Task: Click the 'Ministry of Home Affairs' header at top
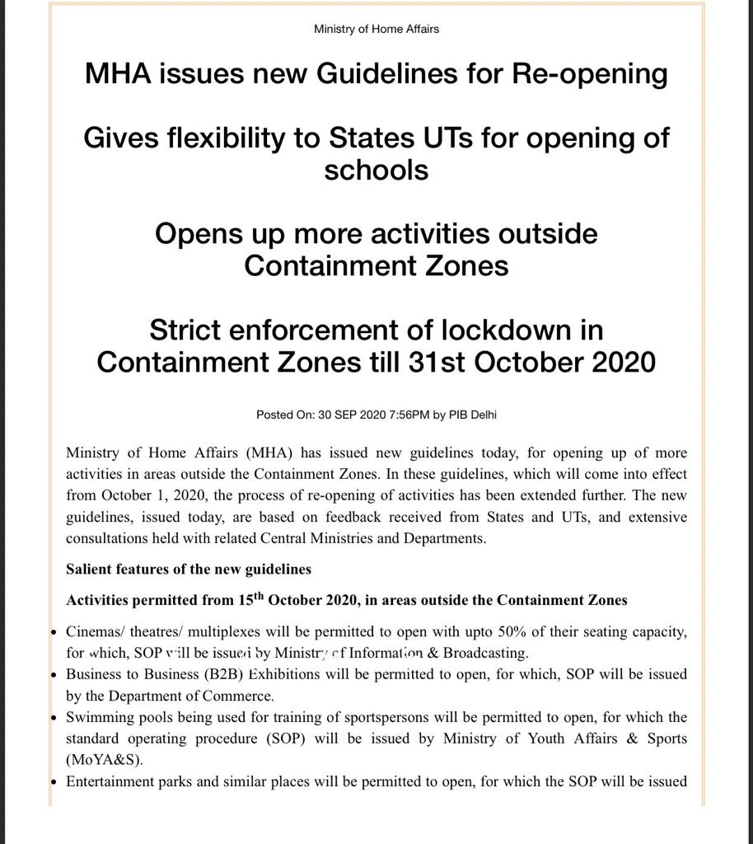tap(376, 29)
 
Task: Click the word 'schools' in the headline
tap(376, 170)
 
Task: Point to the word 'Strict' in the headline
tap(186, 330)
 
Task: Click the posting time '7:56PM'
tap(409, 415)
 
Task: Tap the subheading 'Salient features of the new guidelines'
tap(189, 569)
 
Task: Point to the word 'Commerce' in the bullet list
tap(244, 696)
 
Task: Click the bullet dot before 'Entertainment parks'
tap(54, 781)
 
